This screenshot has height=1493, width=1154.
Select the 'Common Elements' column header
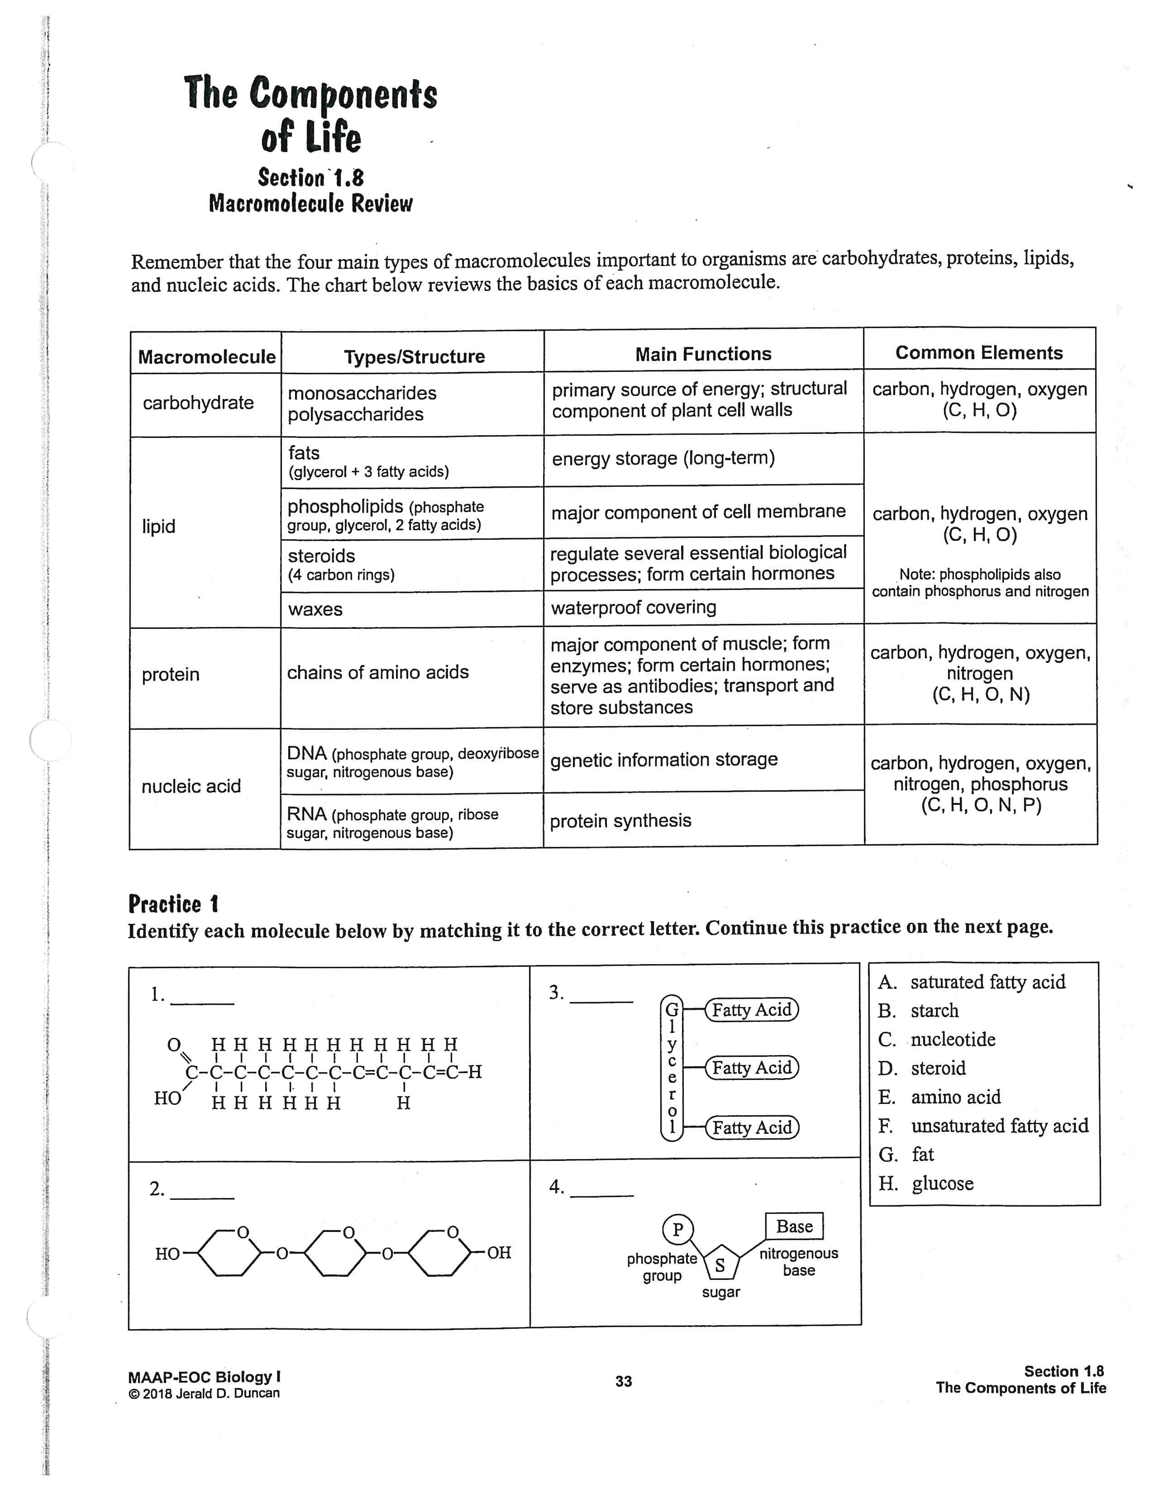(979, 353)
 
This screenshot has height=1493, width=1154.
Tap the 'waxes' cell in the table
(315, 609)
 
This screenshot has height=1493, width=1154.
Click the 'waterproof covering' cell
(633, 607)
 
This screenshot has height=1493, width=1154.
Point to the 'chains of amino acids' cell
(377, 673)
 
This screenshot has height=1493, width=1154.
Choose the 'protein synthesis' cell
(620, 820)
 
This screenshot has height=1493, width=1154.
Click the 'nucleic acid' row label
(191, 786)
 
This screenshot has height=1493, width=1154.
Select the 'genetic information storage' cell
(663, 760)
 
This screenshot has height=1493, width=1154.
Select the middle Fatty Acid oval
(751, 1068)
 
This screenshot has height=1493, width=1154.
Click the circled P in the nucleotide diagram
(677, 1230)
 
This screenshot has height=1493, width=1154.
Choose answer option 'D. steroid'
(922, 1068)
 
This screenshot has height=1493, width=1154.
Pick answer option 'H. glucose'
(926, 1184)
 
